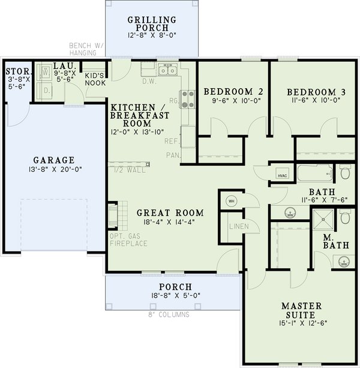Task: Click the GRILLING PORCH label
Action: (152, 24)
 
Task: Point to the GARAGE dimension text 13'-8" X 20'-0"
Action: (54, 170)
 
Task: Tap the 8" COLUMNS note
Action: (169, 315)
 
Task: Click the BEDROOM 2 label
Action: (233, 91)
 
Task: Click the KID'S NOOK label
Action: (95, 79)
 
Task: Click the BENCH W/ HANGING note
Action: (87, 49)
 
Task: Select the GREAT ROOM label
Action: (170, 213)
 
